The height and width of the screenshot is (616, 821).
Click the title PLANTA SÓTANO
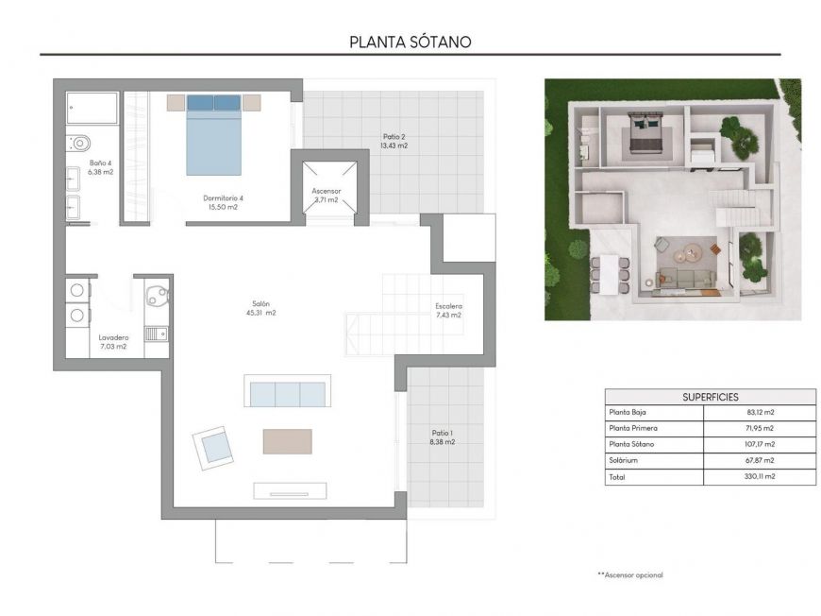click(410, 42)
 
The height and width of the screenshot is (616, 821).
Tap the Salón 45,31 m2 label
click(257, 307)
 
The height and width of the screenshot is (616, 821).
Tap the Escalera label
click(448, 311)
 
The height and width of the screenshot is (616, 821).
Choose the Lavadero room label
click(113, 342)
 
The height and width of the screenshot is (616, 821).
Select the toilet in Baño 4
click(77, 144)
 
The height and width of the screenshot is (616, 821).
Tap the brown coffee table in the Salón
click(287, 441)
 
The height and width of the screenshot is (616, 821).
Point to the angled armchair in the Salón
click(214, 447)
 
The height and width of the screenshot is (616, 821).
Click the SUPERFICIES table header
click(710, 397)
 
